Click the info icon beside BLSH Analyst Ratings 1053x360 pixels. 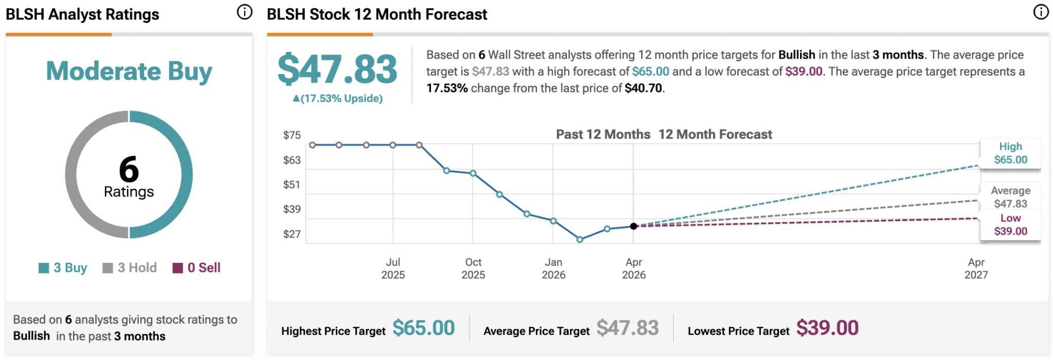[245, 12]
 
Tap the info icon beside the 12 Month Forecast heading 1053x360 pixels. [1041, 12]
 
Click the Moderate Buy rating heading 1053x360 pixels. [129, 71]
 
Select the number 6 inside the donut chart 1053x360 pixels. [129, 169]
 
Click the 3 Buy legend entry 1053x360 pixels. [63, 268]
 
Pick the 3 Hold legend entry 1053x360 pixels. [130, 268]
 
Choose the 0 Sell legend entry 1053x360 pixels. [196, 268]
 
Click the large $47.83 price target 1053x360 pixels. [337, 69]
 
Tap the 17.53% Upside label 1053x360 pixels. [338, 98]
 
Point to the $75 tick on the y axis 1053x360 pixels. [292, 135]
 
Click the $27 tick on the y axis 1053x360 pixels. [292, 235]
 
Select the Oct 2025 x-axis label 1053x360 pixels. [473, 268]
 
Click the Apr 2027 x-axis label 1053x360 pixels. [976, 268]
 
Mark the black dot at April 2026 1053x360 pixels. [633, 226]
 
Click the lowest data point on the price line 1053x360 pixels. [580, 240]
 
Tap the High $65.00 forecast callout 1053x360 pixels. [1010, 153]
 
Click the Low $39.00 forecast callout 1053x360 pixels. [1010, 225]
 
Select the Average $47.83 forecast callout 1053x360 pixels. [1010, 197]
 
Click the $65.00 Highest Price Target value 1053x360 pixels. [424, 328]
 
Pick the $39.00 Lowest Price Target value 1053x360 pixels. [827, 328]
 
